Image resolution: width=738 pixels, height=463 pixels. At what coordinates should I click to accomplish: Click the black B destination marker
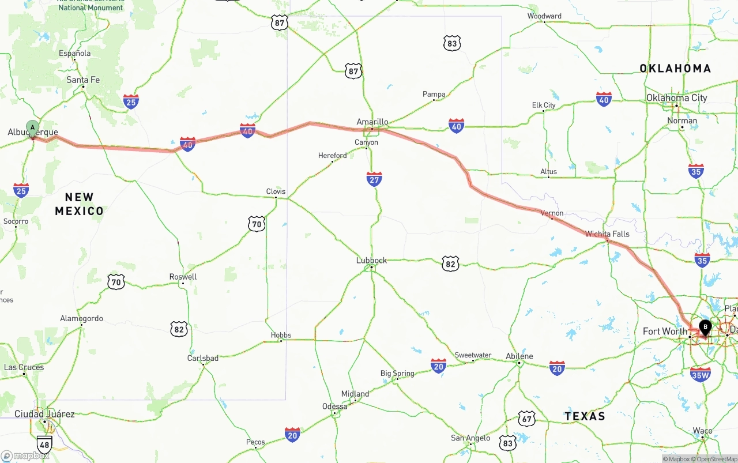(x=705, y=328)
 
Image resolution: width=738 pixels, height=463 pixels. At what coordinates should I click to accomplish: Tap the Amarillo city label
(x=372, y=122)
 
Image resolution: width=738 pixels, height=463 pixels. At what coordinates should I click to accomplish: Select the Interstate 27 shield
(x=374, y=179)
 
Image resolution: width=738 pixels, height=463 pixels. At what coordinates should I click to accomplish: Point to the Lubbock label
(x=371, y=261)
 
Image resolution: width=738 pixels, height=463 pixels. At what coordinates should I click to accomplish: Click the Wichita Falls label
(x=607, y=234)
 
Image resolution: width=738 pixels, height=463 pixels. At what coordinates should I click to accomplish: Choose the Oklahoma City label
(x=676, y=98)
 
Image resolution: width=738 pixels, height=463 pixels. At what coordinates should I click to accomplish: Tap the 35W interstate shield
(x=700, y=374)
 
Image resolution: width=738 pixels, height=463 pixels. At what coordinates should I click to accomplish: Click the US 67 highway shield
(x=526, y=419)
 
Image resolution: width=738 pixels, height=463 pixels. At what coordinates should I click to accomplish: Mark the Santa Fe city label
(x=83, y=80)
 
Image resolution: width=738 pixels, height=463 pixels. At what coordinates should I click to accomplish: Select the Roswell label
(x=183, y=277)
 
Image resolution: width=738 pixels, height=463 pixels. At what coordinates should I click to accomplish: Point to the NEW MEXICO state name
(x=80, y=204)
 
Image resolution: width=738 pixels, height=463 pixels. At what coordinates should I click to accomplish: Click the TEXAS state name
(x=585, y=416)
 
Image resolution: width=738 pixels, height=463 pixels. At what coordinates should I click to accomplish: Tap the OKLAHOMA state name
(x=675, y=69)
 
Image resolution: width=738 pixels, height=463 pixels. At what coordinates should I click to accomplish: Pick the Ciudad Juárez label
(x=44, y=414)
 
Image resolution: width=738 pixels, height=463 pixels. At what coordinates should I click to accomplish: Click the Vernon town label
(x=552, y=213)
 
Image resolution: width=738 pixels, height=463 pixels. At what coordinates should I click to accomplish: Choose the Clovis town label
(x=276, y=191)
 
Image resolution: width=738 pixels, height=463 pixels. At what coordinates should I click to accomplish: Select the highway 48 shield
(x=44, y=444)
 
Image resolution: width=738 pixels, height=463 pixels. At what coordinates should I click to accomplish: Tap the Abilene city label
(x=519, y=356)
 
